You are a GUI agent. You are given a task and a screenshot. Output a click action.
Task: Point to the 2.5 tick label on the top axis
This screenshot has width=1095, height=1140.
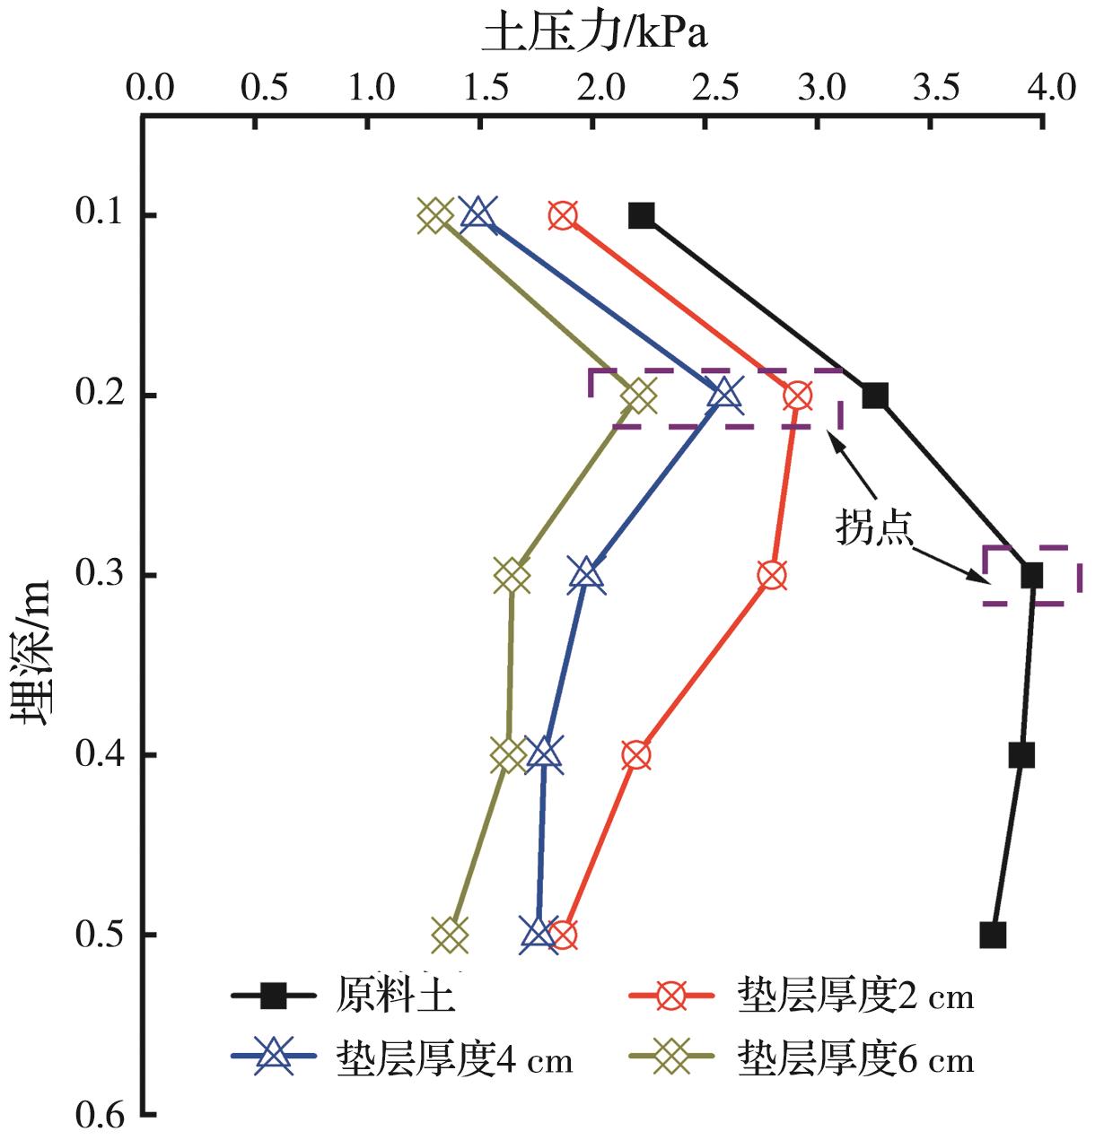pos(715,88)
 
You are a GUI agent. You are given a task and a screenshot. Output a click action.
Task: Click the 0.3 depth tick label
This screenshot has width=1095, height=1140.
pos(96,575)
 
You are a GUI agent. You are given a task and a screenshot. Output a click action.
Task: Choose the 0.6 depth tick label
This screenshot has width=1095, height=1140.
pos(96,1115)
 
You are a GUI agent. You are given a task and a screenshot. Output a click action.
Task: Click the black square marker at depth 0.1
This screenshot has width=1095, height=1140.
pos(642,215)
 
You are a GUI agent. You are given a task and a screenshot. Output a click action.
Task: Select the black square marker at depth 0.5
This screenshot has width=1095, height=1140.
pos(993,935)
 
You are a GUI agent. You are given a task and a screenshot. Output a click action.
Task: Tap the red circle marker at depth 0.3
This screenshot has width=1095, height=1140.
pos(772,575)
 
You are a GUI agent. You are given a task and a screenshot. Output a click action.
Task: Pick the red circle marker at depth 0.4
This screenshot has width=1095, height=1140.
pos(635,755)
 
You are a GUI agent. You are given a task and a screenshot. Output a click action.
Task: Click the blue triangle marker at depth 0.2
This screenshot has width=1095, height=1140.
pos(724,394)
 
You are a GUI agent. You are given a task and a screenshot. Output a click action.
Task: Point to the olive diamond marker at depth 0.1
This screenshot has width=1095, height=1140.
pos(435,215)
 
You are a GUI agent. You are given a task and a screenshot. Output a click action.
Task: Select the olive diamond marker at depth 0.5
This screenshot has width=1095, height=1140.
pos(451,935)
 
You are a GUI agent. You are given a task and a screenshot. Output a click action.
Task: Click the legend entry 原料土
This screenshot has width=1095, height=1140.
pos(395,995)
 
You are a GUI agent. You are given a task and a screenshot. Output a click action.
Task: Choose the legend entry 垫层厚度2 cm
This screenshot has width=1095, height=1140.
pos(854,995)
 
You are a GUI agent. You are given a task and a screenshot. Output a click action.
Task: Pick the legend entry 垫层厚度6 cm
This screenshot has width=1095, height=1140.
pos(854,1059)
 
